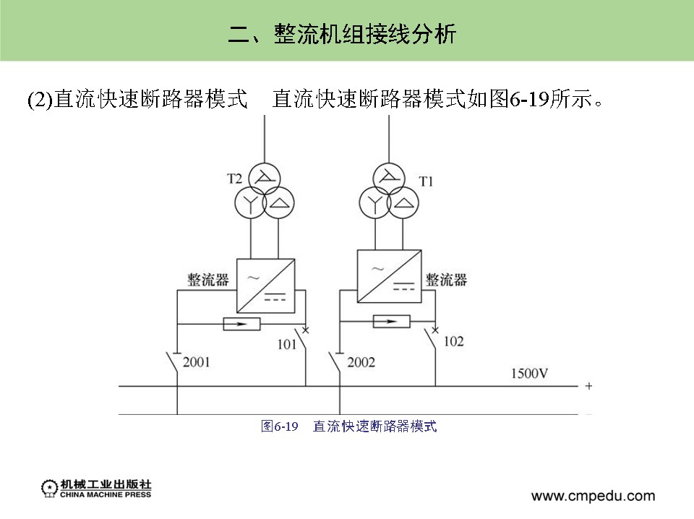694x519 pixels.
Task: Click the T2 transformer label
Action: pos(234,178)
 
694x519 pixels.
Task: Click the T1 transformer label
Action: pos(426,181)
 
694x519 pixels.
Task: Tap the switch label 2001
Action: pos(197,361)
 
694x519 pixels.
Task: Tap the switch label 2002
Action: pos(361,361)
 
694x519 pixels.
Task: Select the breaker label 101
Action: pos(287,345)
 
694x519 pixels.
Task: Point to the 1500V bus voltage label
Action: pos(529,374)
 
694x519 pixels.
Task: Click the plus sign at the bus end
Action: pos(588,386)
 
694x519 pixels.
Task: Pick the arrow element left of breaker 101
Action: pos(241,325)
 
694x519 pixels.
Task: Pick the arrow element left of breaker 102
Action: pos(391,322)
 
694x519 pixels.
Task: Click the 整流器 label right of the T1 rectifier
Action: pos(446,280)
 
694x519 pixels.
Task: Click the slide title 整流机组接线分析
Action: pos(342,33)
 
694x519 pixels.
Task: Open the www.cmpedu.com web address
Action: pos(593,496)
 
